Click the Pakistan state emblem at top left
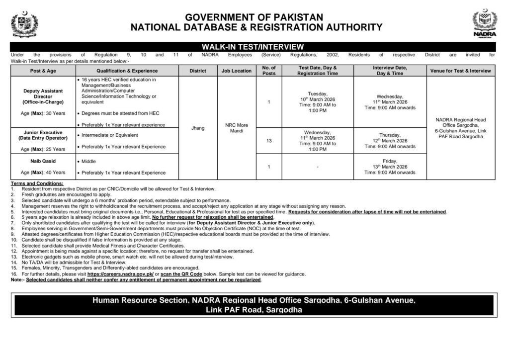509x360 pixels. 22,23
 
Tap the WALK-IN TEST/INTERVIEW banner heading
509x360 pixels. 254,46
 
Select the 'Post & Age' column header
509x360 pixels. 42,71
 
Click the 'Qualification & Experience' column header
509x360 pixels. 127,71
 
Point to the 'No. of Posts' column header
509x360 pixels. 268,70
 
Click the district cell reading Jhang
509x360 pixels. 198,128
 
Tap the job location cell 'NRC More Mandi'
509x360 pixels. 236,128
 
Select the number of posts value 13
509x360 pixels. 268,141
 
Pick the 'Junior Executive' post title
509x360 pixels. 42,133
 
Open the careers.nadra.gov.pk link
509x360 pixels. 123,274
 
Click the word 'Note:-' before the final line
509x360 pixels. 17,279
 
